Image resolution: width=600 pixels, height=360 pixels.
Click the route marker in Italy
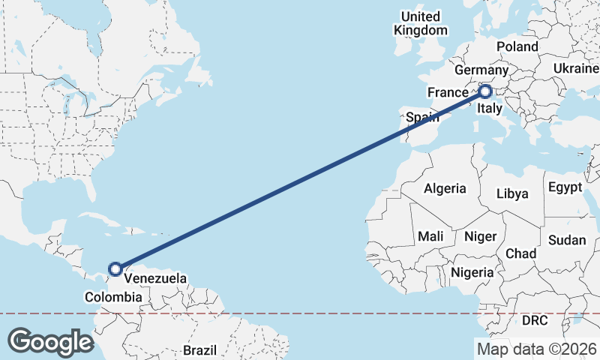[484, 91]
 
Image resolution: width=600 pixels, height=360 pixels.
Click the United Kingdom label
[421, 23]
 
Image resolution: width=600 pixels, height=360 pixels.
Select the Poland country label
[517, 46]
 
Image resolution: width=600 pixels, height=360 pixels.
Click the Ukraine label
[576, 68]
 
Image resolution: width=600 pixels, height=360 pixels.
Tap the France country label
[448, 92]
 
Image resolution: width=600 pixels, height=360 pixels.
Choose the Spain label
[421, 117]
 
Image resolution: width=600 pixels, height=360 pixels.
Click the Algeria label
[445, 189]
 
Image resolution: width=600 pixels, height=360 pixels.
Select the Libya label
[512, 193]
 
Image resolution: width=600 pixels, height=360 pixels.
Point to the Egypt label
[565, 187]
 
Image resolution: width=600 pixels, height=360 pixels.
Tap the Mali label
[430, 236]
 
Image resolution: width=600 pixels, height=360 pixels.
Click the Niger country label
[480, 236]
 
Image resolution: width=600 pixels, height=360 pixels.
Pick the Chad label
[520, 253]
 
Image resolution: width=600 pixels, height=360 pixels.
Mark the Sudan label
[567, 240]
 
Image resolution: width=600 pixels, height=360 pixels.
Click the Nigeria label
[472, 272]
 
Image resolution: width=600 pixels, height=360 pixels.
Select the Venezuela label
[155, 278]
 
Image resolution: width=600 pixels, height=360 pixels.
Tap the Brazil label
[200, 349]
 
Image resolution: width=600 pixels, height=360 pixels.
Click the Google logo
[50, 342]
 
